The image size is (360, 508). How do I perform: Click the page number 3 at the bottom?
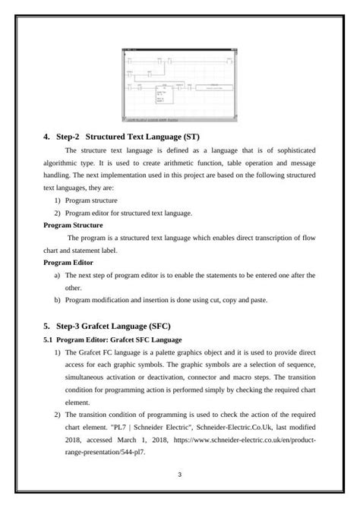click(179, 475)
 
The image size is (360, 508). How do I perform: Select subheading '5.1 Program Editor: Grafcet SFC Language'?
click(118, 339)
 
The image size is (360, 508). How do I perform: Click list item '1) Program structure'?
click(91, 200)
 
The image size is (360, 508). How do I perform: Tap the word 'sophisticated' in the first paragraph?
click(293, 151)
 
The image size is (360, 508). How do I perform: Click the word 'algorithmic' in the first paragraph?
click(64, 163)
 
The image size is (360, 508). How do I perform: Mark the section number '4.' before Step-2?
click(47, 137)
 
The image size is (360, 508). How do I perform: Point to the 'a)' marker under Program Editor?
click(57, 275)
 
